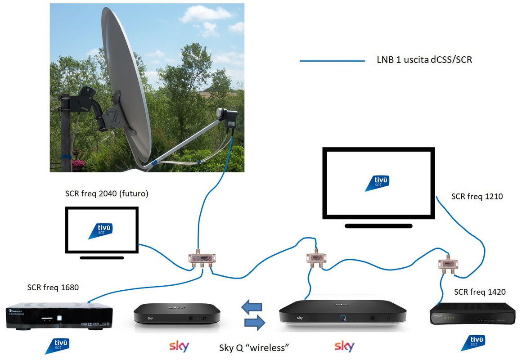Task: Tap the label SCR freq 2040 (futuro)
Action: (x=107, y=194)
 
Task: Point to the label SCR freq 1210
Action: (x=477, y=196)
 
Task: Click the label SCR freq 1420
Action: (x=480, y=292)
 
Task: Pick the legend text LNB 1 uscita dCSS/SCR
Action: (x=424, y=59)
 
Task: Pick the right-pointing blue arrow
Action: (x=254, y=322)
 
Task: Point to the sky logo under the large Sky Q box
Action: (x=344, y=346)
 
